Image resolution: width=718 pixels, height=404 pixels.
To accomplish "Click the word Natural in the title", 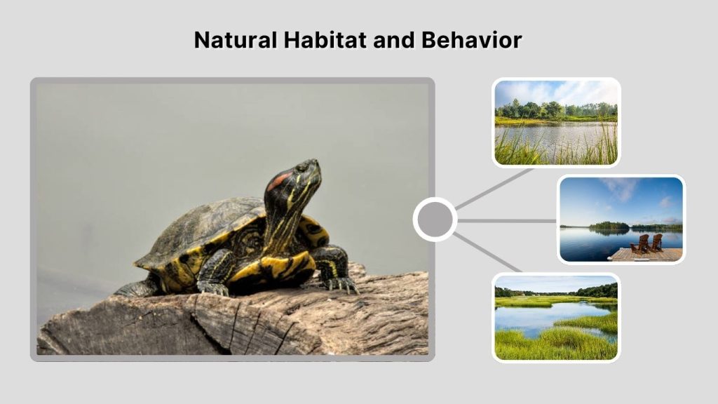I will pos(234,40).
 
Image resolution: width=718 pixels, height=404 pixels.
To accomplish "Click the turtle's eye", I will pos(302,168).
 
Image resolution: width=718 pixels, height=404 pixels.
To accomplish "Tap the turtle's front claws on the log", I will pos(341,284).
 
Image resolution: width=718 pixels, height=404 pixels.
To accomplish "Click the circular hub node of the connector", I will pos(435,220).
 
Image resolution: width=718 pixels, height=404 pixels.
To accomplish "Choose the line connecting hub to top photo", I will pos(494,187).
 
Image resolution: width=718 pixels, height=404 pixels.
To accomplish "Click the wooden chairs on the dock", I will pos(646,243).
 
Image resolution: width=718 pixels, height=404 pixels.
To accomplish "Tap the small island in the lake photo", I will pos(609,226).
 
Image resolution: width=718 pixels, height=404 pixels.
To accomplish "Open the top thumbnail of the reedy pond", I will pos(556,122).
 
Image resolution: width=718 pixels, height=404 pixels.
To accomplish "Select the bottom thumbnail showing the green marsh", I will pos(556,317).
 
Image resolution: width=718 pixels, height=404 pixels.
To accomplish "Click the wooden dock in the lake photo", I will pos(645,255).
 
